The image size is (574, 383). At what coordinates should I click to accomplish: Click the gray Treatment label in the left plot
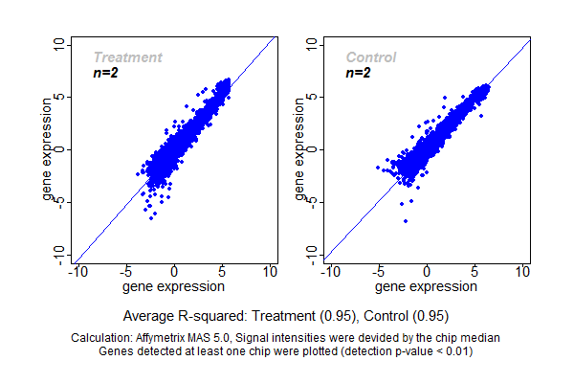click(x=127, y=57)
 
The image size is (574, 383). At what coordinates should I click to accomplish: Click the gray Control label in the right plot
click(x=371, y=57)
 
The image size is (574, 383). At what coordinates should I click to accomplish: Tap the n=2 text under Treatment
click(x=105, y=73)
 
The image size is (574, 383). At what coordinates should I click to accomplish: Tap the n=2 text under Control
click(x=359, y=73)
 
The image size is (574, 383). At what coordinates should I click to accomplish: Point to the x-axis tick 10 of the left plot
click(x=270, y=272)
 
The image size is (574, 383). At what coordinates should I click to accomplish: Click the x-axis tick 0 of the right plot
click(x=427, y=272)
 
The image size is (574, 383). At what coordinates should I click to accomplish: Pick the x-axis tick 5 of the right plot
click(x=475, y=272)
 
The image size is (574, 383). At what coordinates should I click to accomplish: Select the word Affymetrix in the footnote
click(x=171, y=338)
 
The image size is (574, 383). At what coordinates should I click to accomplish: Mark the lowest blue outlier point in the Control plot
click(x=406, y=221)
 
